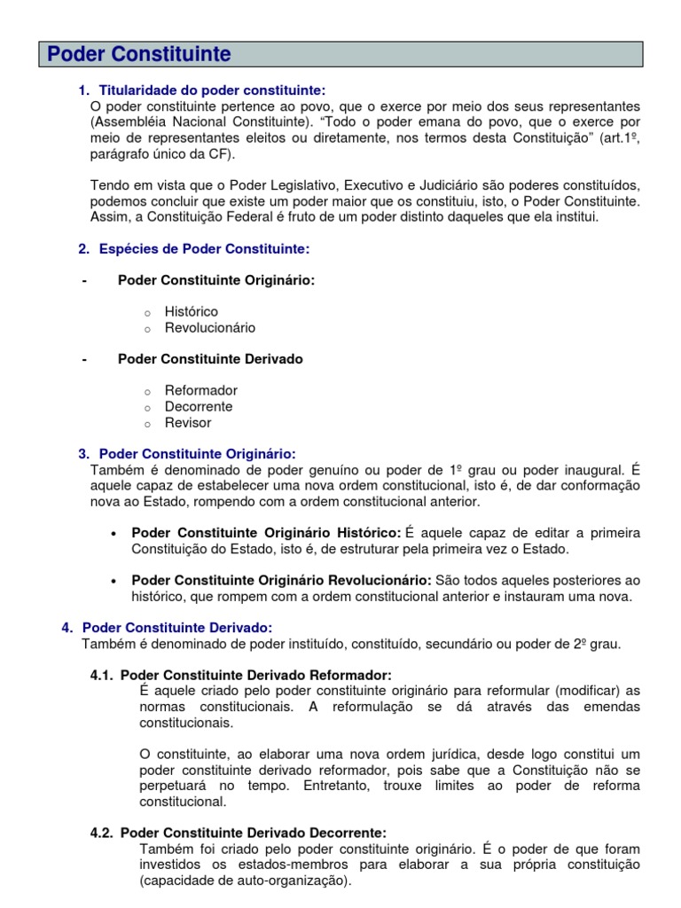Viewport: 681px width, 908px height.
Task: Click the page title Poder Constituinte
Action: (138, 55)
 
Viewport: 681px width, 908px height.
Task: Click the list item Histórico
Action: (191, 312)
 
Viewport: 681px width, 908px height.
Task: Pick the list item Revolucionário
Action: (209, 328)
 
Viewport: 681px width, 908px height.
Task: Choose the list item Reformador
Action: (200, 391)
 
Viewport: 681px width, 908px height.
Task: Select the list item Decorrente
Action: (199, 407)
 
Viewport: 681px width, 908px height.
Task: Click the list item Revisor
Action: (188, 423)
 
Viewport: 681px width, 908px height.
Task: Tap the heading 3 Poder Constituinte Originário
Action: (197, 454)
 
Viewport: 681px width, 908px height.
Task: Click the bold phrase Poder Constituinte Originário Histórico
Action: (266, 533)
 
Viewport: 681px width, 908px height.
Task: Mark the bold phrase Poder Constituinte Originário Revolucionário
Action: (281, 581)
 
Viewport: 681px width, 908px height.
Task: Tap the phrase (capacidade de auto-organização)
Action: (246, 881)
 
